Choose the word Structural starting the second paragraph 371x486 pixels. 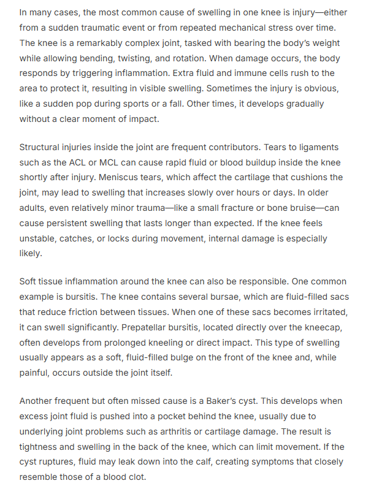[x=42, y=147]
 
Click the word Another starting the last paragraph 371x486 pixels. [x=38, y=401]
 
